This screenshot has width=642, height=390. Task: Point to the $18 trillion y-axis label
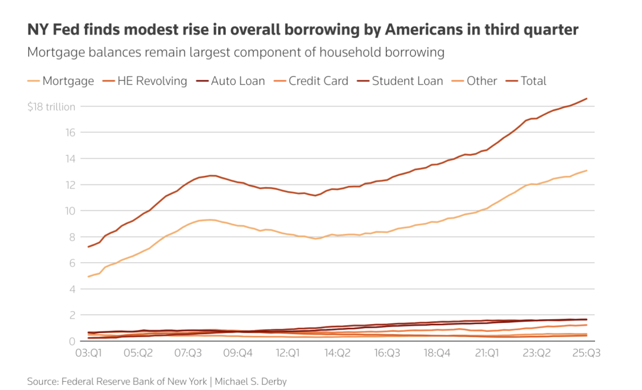[x=51, y=107]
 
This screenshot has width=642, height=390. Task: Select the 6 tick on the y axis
[x=73, y=263]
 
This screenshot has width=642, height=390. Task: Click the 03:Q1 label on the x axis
[x=87, y=353]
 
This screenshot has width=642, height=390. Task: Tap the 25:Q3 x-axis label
[x=586, y=353]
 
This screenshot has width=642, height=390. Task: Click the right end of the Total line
[x=587, y=99]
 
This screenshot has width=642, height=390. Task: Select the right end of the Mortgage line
[x=587, y=171]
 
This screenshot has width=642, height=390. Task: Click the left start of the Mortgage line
[x=89, y=276]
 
